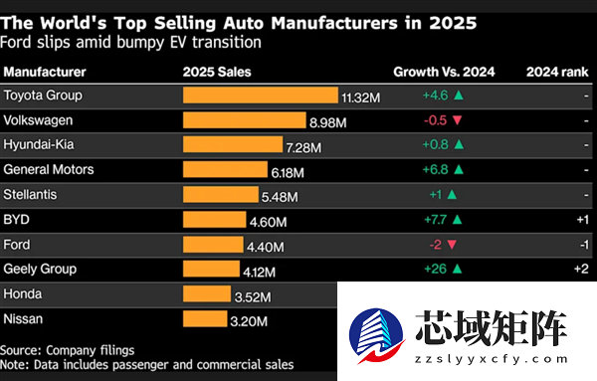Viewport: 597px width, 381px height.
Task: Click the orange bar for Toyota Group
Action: pyautogui.click(x=261, y=96)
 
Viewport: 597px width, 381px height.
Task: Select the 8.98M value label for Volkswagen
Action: pyautogui.click(x=329, y=121)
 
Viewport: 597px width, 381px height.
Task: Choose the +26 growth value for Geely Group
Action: pyautogui.click(x=436, y=269)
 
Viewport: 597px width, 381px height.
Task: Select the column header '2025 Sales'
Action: pyautogui.click(x=217, y=72)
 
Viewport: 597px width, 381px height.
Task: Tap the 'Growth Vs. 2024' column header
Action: pyautogui.click(x=442, y=72)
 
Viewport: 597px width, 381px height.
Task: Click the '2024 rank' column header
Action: pyautogui.click(x=557, y=72)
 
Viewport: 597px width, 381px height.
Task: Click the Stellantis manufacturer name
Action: pyautogui.click(x=31, y=195)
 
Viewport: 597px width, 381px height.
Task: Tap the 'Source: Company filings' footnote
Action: pyautogui.click(x=67, y=350)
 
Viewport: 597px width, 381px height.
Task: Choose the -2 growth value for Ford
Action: pyautogui.click(x=436, y=245)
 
